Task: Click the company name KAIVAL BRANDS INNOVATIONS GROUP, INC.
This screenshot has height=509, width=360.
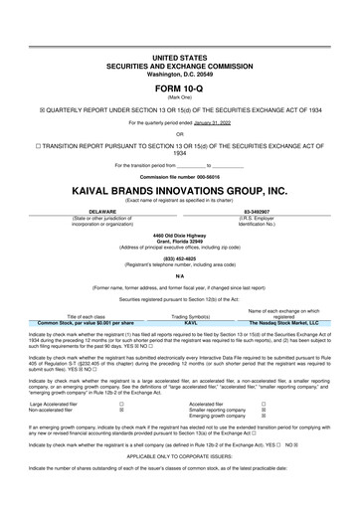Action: [179, 189]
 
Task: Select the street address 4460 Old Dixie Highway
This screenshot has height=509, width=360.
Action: [180, 234]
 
